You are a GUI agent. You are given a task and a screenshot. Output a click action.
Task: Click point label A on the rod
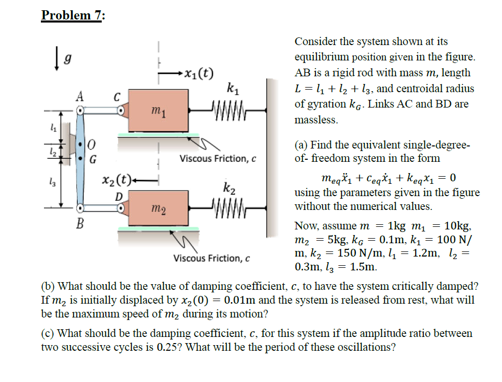pyautogui.click(x=80, y=96)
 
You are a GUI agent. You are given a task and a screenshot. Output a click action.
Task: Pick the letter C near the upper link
pyautogui.click(x=117, y=96)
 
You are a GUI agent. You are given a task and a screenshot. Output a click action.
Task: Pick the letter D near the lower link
pyautogui.click(x=118, y=196)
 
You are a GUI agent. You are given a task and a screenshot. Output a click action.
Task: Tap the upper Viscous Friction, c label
pyautogui.click(x=217, y=159)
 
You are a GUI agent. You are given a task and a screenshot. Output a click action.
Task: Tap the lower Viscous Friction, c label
pyautogui.click(x=211, y=258)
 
